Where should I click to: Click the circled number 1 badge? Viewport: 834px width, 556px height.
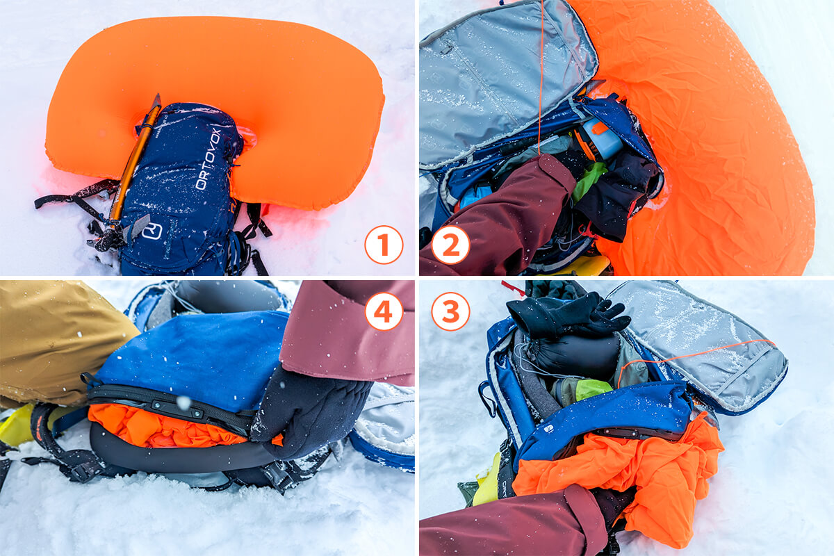(384, 245)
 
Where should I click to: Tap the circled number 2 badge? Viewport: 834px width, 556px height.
(450, 245)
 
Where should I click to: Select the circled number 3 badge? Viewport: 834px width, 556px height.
(450, 311)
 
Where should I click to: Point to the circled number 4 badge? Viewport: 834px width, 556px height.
(384, 311)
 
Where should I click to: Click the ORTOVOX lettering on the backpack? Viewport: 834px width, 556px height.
(208, 158)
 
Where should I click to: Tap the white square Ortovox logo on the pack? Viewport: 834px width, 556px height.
(152, 231)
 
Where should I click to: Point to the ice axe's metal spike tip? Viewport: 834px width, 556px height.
(157, 97)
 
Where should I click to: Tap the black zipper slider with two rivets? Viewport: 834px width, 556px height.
(179, 408)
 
